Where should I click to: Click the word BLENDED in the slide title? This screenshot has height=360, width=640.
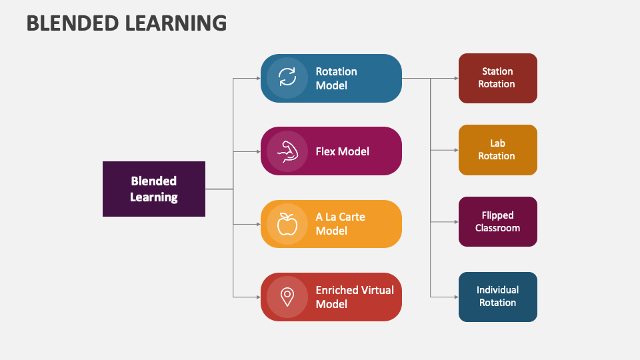click(x=72, y=23)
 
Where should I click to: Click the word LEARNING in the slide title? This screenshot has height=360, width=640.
click(x=175, y=23)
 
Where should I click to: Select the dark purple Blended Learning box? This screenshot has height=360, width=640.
click(x=154, y=189)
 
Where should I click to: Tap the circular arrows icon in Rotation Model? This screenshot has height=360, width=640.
click(x=287, y=77)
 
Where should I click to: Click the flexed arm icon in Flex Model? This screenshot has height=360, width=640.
click(x=287, y=151)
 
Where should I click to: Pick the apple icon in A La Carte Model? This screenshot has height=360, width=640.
click(x=287, y=224)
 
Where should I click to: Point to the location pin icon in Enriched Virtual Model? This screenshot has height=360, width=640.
click(x=287, y=297)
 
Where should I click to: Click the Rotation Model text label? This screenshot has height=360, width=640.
click(x=337, y=78)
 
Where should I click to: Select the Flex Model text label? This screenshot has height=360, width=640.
click(x=343, y=151)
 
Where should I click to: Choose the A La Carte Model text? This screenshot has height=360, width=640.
click(x=341, y=224)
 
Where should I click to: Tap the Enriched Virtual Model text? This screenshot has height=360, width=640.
click(x=355, y=297)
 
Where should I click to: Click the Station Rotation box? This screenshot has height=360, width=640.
click(x=498, y=78)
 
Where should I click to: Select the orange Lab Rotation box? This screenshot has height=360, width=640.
click(x=498, y=150)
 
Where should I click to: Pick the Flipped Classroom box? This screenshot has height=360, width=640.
click(x=498, y=221)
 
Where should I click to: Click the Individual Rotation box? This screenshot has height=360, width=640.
click(x=498, y=297)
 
